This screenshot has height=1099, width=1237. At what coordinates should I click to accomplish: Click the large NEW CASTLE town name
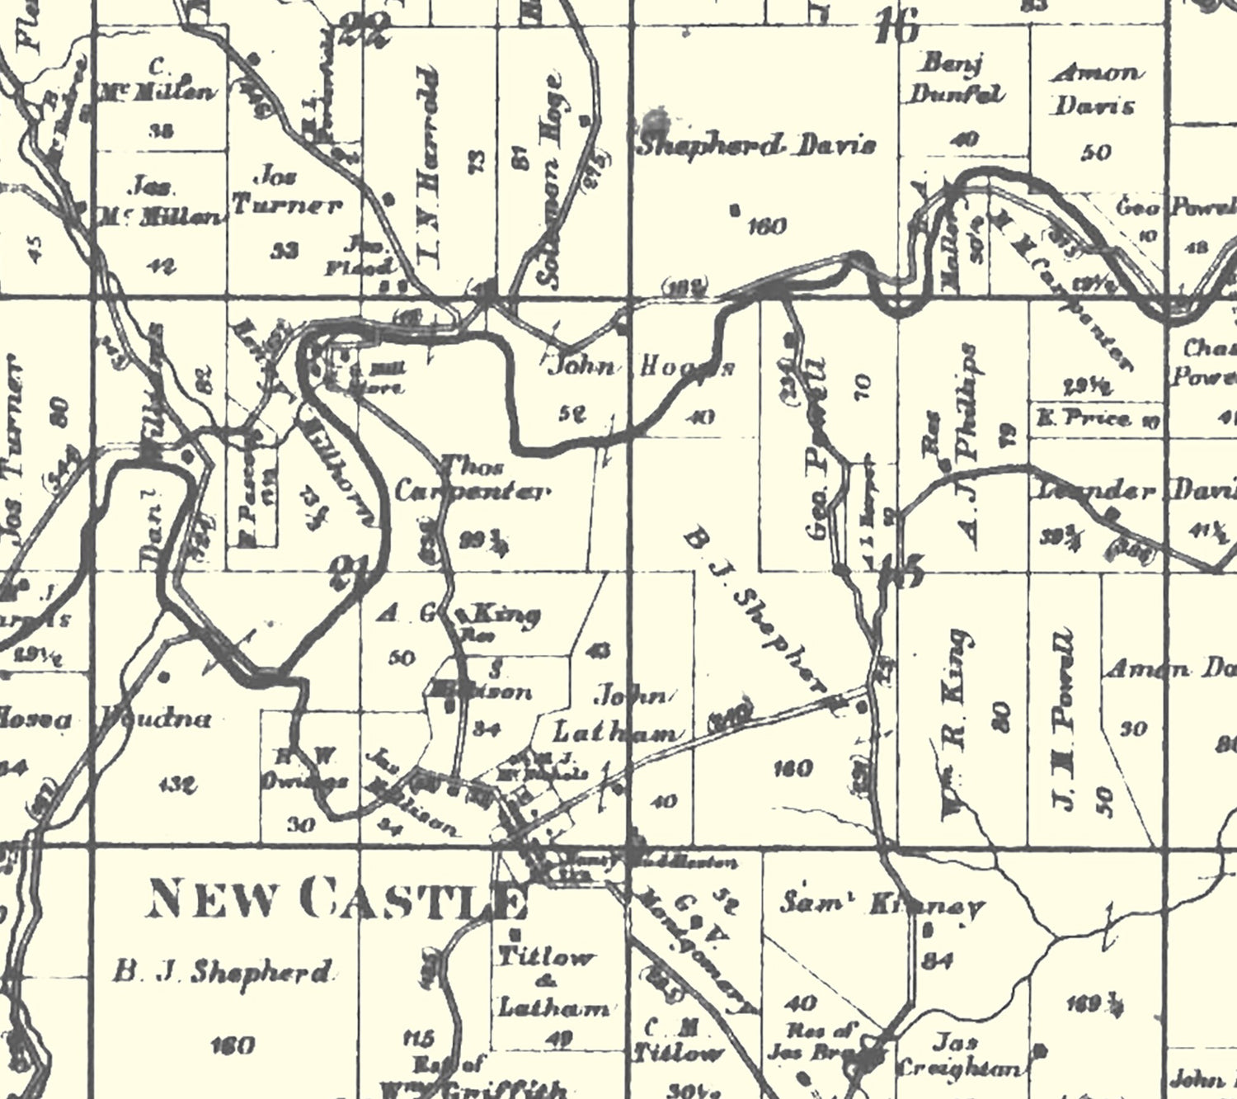pos(336,900)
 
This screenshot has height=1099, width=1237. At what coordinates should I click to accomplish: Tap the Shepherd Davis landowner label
pos(757,147)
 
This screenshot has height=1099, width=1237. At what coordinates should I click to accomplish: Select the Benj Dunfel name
pos(957,78)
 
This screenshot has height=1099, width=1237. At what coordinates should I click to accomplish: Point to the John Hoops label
pos(642,366)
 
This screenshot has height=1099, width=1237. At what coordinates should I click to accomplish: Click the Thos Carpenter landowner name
pos(472,480)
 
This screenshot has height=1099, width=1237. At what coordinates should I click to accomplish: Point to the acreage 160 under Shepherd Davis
pos(766,225)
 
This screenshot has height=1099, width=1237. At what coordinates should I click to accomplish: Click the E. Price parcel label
pos(1089,418)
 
